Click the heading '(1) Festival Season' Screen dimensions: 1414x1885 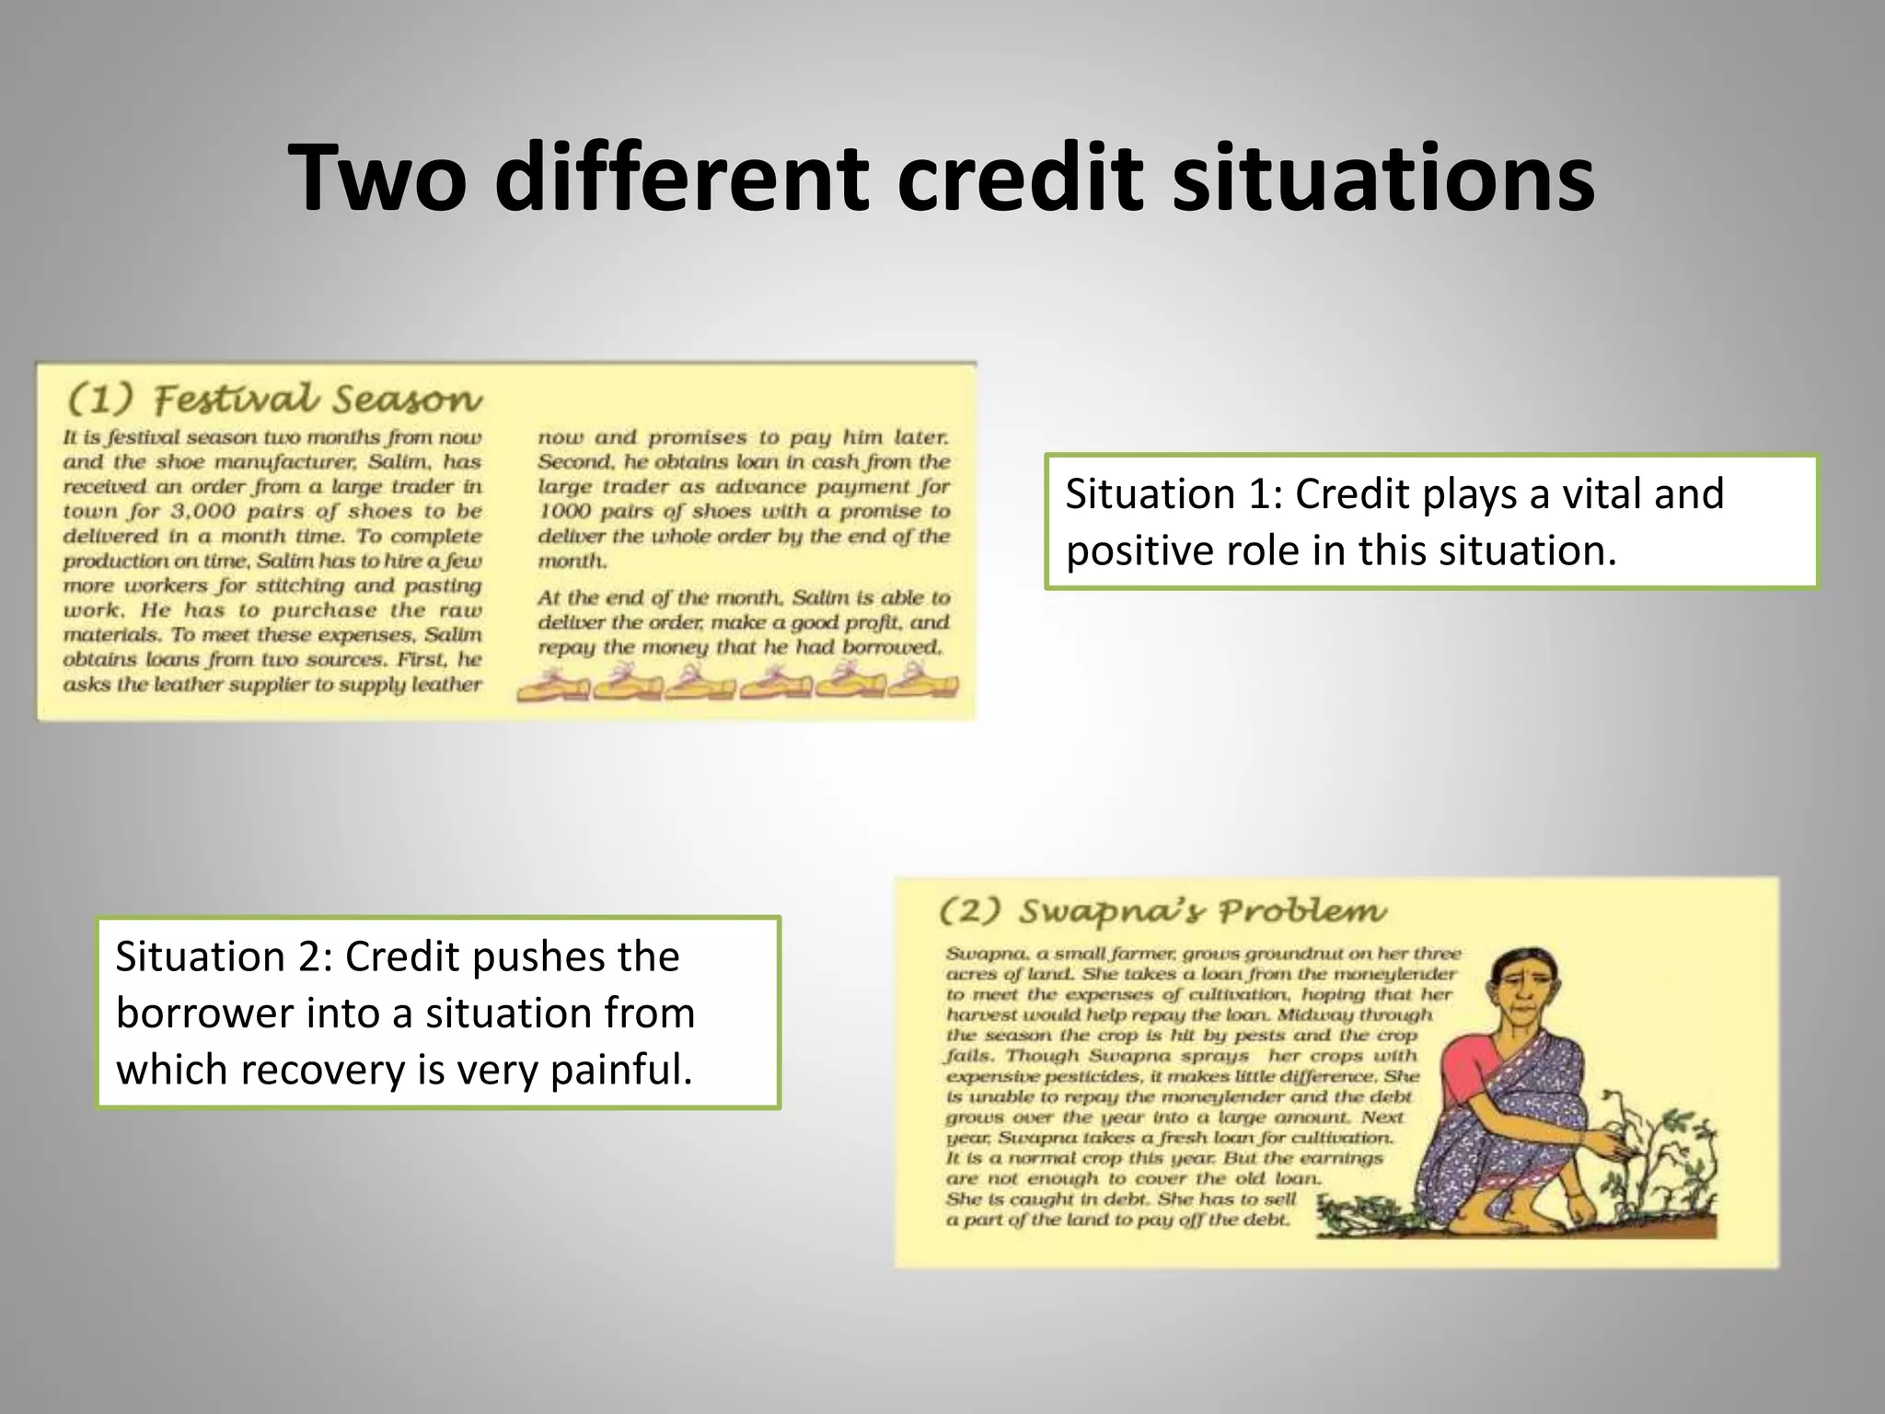(274, 400)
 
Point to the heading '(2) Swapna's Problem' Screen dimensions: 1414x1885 (1162, 911)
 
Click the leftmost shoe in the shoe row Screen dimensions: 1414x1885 (552, 686)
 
